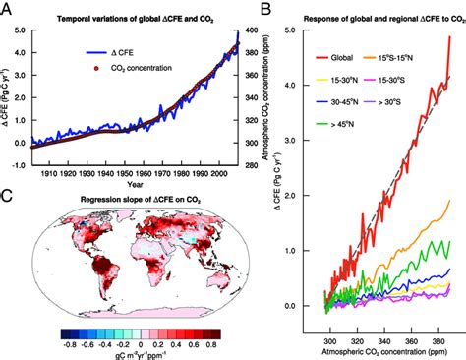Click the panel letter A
(x=8, y=9)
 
